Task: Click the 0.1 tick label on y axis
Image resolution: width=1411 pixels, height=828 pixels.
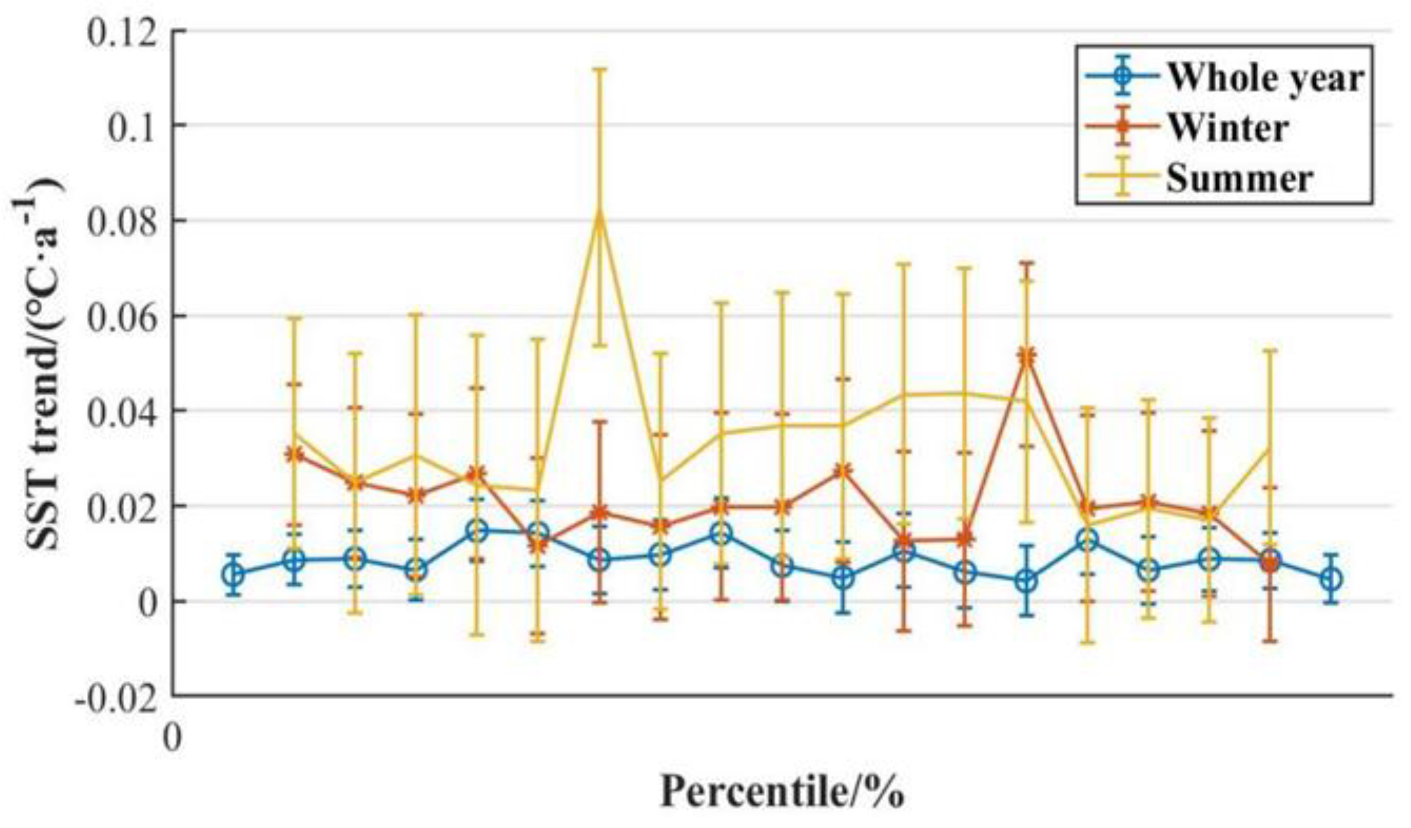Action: tap(132, 126)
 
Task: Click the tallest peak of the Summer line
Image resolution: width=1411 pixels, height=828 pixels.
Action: tap(600, 213)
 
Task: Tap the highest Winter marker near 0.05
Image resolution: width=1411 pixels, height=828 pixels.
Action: tap(1027, 356)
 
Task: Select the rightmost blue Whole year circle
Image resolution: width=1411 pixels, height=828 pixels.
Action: tap(1331, 579)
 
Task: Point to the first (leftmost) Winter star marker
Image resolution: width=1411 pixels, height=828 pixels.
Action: tap(294, 455)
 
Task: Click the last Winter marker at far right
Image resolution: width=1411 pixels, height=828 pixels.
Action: tap(1270, 562)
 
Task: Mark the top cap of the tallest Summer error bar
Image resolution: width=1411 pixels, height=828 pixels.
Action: tap(600, 70)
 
